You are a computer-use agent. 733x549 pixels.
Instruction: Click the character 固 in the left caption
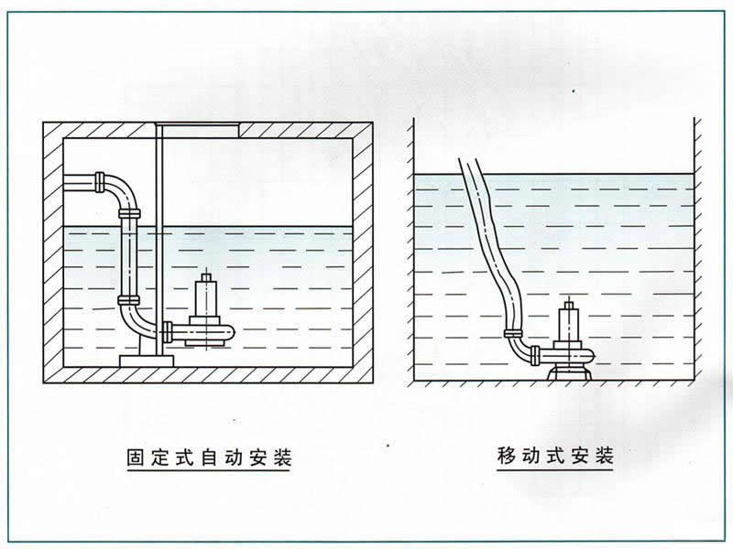[x=136, y=458]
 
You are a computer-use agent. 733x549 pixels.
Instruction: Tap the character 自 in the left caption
[x=209, y=458]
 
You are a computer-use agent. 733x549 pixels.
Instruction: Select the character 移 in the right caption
[x=507, y=456]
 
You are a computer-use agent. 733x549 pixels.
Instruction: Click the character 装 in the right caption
[x=604, y=456]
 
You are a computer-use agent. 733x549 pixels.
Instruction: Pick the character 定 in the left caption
[x=159, y=458]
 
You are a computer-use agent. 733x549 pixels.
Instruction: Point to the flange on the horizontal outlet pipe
[x=100, y=181]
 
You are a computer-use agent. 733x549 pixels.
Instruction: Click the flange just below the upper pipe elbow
[x=129, y=214]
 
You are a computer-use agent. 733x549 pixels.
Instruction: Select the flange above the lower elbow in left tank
[x=128, y=300]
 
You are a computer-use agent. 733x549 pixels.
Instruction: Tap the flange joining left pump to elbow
[x=168, y=333]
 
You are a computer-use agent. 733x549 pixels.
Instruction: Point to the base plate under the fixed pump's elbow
[x=147, y=361]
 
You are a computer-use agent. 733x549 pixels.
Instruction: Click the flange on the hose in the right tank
[x=513, y=333]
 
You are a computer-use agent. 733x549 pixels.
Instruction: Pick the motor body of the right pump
[x=569, y=323]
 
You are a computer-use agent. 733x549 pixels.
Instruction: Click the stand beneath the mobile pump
[x=569, y=372]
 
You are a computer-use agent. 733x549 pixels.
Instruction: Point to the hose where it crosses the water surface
[x=474, y=175]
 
